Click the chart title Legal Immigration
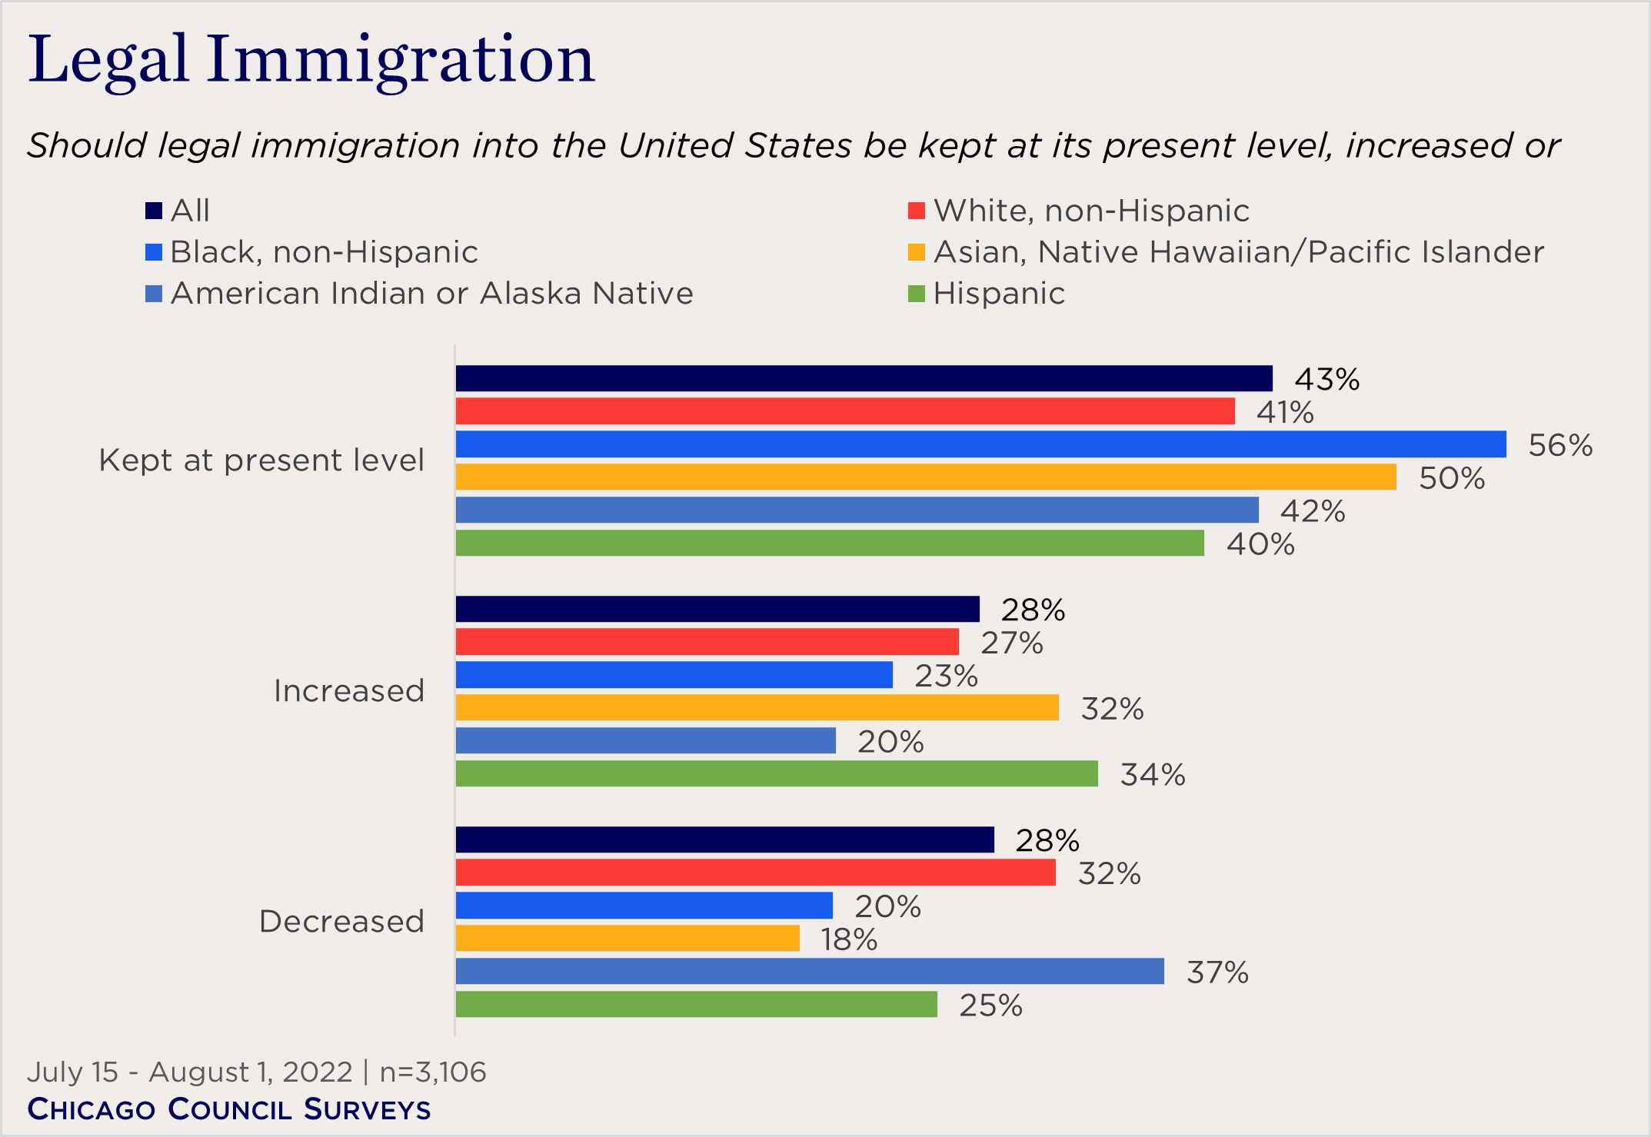tap(311, 60)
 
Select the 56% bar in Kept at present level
tap(980, 444)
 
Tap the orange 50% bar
tap(926, 477)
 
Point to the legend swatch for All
tap(154, 211)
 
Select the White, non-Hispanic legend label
tap(1090, 211)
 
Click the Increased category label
tap(348, 691)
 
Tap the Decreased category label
tap(341, 921)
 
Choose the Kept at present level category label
tap(261, 460)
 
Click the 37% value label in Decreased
tap(1217, 972)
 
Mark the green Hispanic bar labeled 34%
tap(777, 773)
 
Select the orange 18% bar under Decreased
tap(627, 939)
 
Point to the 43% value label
tap(1326, 380)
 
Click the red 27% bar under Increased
tap(707, 642)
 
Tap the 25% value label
tap(990, 1006)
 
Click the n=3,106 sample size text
tap(433, 1072)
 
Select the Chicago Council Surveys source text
tap(229, 1109)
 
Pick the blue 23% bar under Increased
tap(674, 675)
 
